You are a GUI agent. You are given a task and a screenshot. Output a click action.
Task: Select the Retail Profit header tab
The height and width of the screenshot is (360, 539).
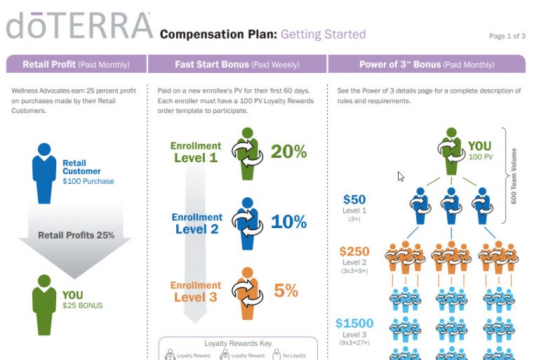click(x=76, y=65)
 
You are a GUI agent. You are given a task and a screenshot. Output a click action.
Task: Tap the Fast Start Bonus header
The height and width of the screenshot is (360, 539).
click(x=237, y=65)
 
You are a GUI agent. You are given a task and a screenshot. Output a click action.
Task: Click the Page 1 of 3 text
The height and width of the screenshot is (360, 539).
click(x=507, y=36)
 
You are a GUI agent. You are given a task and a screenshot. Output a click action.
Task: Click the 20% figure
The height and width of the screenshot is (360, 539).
click(x=288, y=152)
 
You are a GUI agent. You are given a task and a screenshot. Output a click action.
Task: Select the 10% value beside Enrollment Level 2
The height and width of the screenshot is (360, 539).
click(x=288, y=222)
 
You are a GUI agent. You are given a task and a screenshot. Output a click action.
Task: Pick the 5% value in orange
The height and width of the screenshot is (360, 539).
click(x=286, y=290)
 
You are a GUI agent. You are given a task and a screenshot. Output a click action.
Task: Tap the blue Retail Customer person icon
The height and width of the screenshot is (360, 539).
click(x=44, y=173)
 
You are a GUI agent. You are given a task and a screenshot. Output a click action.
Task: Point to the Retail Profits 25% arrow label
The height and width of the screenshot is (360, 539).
click(x=76, y=235)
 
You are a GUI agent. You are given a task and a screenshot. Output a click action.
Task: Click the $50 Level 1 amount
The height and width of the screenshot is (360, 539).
click(x=354, y=200)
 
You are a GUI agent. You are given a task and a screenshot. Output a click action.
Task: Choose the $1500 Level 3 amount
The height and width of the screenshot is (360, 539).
click(x=354, y=324)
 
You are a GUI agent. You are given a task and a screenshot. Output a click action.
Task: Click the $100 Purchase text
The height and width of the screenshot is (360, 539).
click(x=88, y=181)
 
